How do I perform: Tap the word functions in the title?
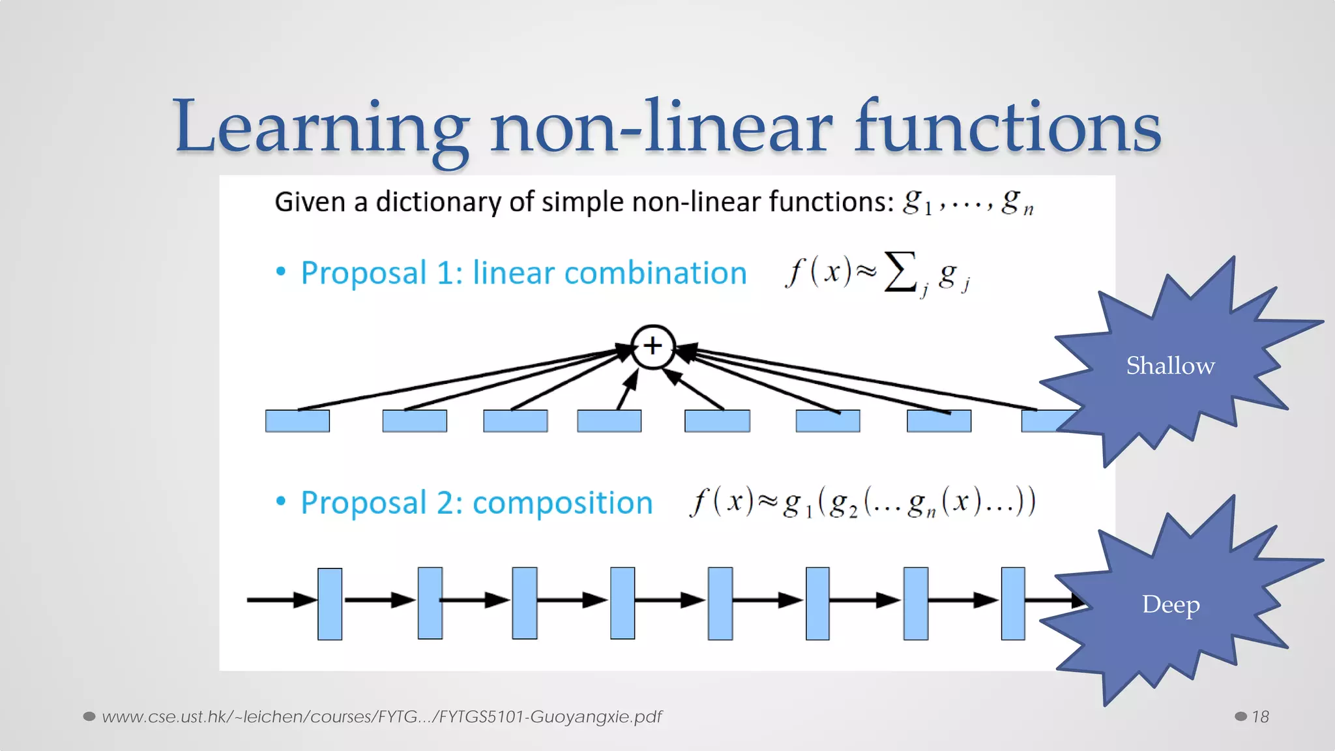(x=1007, y=127)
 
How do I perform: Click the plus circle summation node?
(x=653, y=346)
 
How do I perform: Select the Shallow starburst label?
(x=1171, y=365)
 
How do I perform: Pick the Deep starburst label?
(x=1171, y=604)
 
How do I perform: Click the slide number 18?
(x=1260, y=716)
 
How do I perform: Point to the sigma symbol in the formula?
(x=900, y=271)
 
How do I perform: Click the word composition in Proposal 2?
(x=563, y=503)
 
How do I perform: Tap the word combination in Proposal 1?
(x=655, y=272)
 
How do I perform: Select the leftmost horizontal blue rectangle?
(x=297, y=420)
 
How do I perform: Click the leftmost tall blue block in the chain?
(x=330, y=603)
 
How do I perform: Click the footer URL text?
(x=381, y=716)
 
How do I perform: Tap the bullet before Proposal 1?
(x=281, y=271)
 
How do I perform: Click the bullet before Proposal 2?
(x=281, y=501)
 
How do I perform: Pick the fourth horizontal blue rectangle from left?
(x=609, y=420)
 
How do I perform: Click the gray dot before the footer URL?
(x=89, y=716)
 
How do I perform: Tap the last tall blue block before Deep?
(x=1013, y=603)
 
